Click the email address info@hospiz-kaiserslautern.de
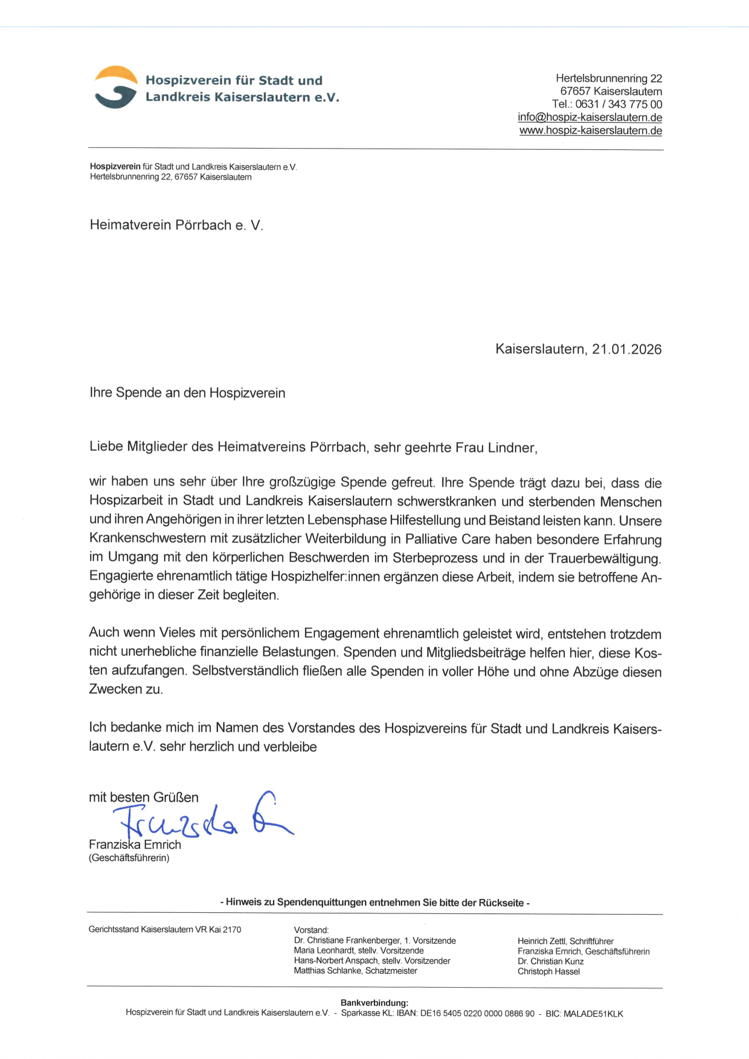pos(590,118)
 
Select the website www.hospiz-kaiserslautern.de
pos(590,130)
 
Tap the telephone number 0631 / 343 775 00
pos(619,105)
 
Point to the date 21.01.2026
pos(626,349)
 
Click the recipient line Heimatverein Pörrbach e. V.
pos(176,225)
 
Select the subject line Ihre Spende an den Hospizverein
pos(187,393)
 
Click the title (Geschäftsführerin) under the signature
pos(129,858)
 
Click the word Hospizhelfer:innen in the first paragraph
pos(322,576)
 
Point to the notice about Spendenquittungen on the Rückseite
pos(374,903)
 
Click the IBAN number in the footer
pos(477,1014)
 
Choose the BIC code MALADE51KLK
pos(593,1014)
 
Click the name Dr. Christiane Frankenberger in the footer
pos(347,941)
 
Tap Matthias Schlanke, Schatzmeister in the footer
pos(355,971)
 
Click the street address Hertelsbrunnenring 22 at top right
pos(609,79)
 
